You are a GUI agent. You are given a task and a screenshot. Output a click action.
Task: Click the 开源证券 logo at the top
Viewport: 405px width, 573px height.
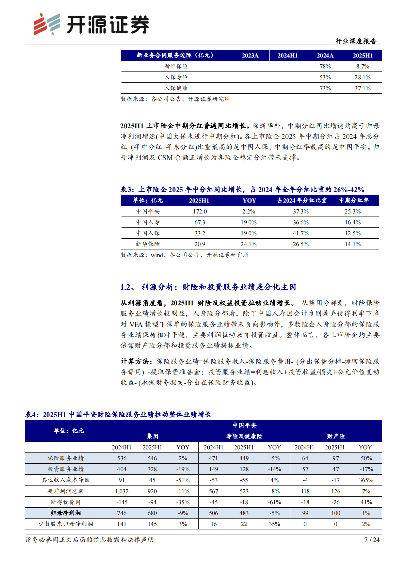(91, 24)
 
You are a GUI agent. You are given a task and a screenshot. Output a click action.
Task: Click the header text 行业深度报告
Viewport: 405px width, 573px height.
(356, 41)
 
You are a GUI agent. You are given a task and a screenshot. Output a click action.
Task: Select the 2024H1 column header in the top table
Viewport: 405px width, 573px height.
(288, 55)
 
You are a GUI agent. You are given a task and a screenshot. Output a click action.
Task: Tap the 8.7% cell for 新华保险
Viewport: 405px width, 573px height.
(363, 66)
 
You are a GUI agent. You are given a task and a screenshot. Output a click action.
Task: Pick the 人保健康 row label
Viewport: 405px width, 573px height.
(176, 88)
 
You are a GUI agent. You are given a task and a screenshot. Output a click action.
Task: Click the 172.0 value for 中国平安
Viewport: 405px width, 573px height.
(200, 211)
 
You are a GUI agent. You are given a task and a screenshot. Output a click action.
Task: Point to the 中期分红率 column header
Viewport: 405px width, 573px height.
(354, 201)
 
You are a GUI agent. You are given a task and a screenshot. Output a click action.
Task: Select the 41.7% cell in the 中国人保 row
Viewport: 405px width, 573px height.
(301, 233)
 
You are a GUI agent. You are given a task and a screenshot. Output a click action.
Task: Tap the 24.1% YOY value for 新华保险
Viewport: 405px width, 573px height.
(248, 244)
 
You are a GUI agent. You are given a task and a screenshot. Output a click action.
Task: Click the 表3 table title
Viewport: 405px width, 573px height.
(242, 190)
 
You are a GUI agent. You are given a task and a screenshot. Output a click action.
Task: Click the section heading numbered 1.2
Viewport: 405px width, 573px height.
(208, 287)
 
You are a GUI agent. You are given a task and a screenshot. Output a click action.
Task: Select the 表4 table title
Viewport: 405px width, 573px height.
(118, 414)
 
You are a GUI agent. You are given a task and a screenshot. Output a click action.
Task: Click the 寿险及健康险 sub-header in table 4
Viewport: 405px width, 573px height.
(244, 436)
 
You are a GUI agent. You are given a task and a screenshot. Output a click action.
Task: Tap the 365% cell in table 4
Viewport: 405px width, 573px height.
(366, 480)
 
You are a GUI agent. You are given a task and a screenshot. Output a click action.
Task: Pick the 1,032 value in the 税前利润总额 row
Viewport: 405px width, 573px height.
(122, 491)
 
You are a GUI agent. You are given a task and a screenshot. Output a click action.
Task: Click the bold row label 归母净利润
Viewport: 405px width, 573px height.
(66, 513)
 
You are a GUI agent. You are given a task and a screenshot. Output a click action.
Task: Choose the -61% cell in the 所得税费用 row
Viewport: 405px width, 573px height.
(274, 502)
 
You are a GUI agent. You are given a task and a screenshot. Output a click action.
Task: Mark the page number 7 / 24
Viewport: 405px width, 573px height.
(372, 540)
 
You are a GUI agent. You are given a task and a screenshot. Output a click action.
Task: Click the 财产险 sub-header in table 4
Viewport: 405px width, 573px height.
(336, 436)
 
